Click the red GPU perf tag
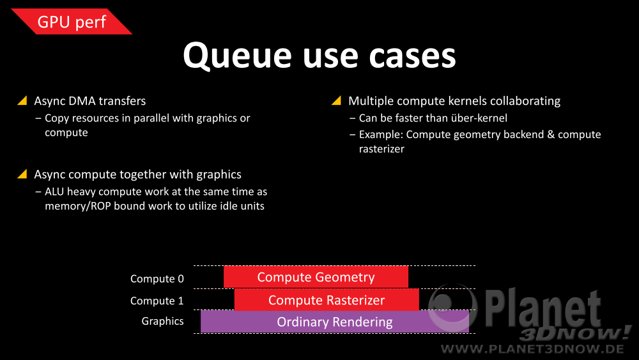click(x=72, y=21)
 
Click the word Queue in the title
click(x=237, y=56)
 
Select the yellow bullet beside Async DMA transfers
click(x=22, y=100)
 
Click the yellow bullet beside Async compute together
click(x=22, y=174)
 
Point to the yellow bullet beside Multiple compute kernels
click(x=337, y=100)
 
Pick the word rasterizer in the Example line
click(x=381, y=149)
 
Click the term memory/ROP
click(x=78, y=207)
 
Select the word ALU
click(x=54, y=191)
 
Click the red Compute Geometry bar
click(x=316, y=277)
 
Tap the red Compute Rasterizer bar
click(x=327, y=300)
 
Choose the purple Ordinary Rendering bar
click(x=335, y=322)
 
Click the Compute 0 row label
click(x=157, y=279)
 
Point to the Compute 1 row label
click(x=157, y=301)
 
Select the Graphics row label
click(x=162, y=321)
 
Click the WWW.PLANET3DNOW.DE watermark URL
click(x=532, y=349)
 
